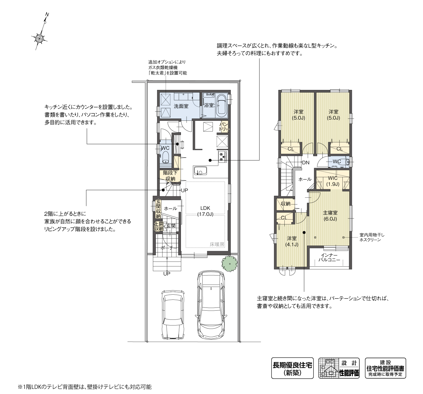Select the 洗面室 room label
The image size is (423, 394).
coord(181,106)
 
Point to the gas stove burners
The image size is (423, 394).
coord(223,156)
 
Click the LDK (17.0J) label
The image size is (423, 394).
coord(205,211)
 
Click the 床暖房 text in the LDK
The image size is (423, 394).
coord(217,245)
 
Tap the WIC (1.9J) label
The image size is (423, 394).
coord(333,181)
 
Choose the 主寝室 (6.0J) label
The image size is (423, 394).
coord(330,216)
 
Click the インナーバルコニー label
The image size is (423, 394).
coord(329,258)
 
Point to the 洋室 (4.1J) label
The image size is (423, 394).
coord(292,241)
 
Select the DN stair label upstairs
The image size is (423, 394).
coord(306,163)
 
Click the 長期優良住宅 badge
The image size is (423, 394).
coord(292,368)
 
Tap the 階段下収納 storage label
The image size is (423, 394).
coord(170,176)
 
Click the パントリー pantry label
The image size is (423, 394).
coord(224,126)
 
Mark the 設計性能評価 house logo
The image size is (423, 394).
coord(339,368)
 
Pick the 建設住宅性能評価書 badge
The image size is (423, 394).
coord(385,368)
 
